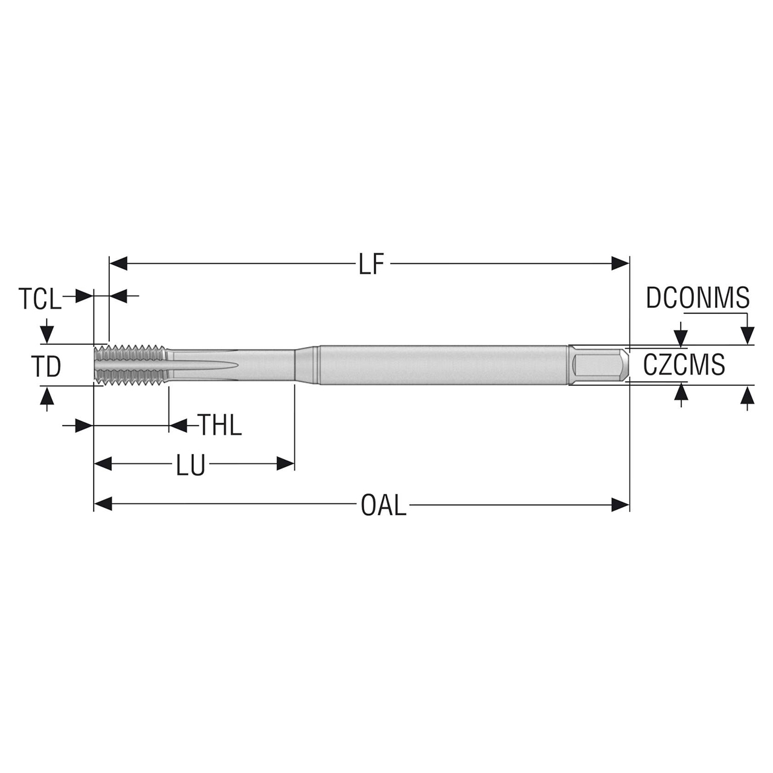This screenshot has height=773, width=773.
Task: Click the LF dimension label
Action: coord(371,264)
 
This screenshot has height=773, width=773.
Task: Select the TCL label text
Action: coord(40,298)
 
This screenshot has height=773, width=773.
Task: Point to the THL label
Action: coord(220,426)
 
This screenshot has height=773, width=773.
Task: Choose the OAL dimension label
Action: coord(383,505)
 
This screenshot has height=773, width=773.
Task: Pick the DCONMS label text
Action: coord(698,298)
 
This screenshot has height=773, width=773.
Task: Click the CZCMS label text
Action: coord(684,365)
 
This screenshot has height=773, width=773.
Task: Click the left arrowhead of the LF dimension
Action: coord(118,264)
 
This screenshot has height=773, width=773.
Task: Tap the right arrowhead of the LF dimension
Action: coord(621,264)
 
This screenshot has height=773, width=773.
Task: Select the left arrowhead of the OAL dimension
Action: coord(103,504)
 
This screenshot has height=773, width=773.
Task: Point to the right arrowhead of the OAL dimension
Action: coord(621,504)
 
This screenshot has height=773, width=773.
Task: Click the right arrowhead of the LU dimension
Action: coord(285,464)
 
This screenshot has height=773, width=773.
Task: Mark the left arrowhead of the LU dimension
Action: coord(103,464)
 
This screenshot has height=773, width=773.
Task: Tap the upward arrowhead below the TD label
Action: coord(47,396)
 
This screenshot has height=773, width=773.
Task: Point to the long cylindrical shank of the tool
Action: coord(441,364)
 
